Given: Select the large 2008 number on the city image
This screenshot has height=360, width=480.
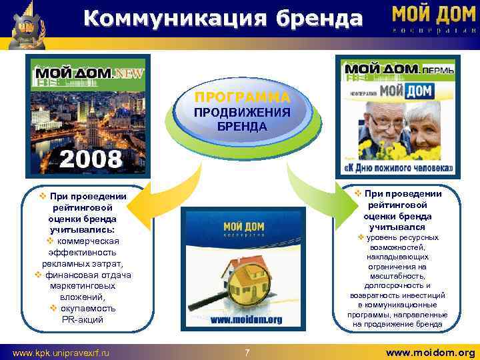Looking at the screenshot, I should click(91, 159).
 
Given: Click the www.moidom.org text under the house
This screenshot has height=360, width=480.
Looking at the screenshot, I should click(247, 319).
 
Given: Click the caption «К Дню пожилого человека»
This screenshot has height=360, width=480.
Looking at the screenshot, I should click(398, 168).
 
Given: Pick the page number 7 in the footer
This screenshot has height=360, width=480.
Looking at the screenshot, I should click(247, 351).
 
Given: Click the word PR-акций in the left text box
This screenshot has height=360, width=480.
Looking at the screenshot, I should click(83, 320).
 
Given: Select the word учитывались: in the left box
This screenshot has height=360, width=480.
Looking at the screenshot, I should click(83, 229).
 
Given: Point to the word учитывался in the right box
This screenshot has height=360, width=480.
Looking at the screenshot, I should click(398, 227).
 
